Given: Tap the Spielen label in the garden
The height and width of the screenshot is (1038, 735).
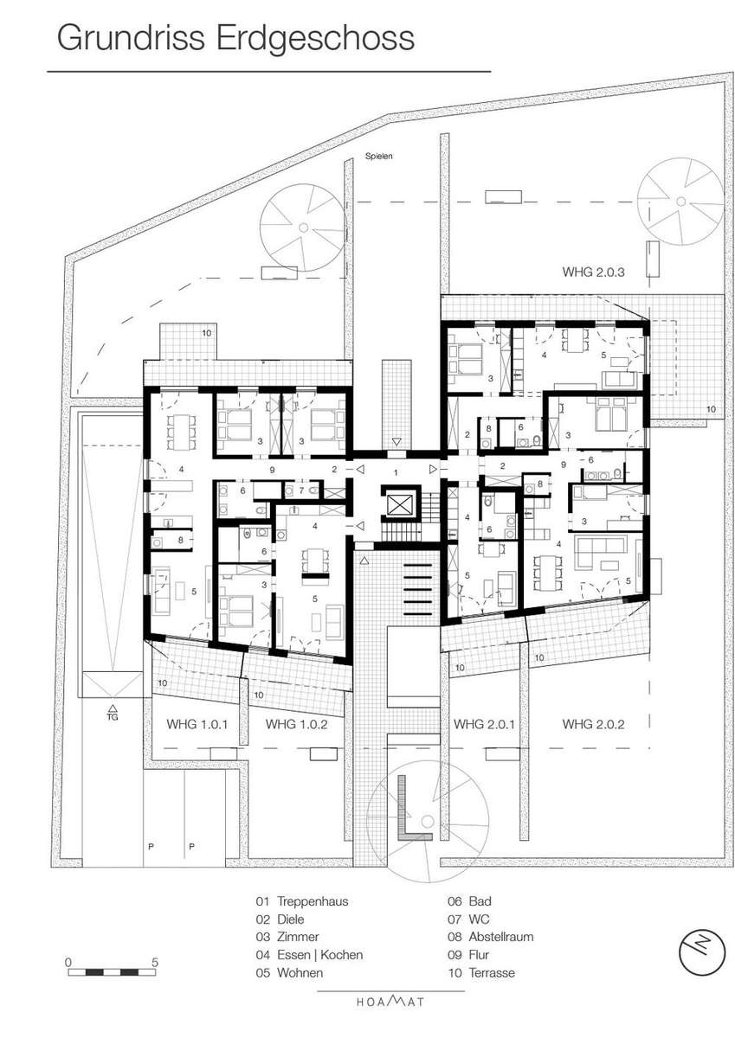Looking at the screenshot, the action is tap(378, 157).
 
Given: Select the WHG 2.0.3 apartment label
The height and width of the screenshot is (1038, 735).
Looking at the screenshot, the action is tap(593, 272).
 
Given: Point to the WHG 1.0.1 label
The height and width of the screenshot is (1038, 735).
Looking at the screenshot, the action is tap(197, 724).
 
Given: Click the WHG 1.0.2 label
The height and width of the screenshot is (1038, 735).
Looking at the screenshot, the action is tap(296, 724).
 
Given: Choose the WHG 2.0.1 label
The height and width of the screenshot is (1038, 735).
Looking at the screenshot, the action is tap(484, 724).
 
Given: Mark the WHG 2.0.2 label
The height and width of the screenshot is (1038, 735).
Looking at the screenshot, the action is tap(593, 724).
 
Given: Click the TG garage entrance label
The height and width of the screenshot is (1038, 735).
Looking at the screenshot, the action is tap(113, 717).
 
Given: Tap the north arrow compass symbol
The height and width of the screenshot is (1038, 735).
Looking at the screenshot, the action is tap(701, 952).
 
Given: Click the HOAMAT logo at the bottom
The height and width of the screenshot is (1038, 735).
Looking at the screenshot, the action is tap(390, 1001).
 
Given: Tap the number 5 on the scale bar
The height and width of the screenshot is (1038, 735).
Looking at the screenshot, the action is tap(155, 963).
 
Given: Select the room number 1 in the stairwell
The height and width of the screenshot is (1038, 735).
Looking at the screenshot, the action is tap(396, 472).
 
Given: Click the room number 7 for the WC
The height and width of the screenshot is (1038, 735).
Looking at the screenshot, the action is tap(301, 490).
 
